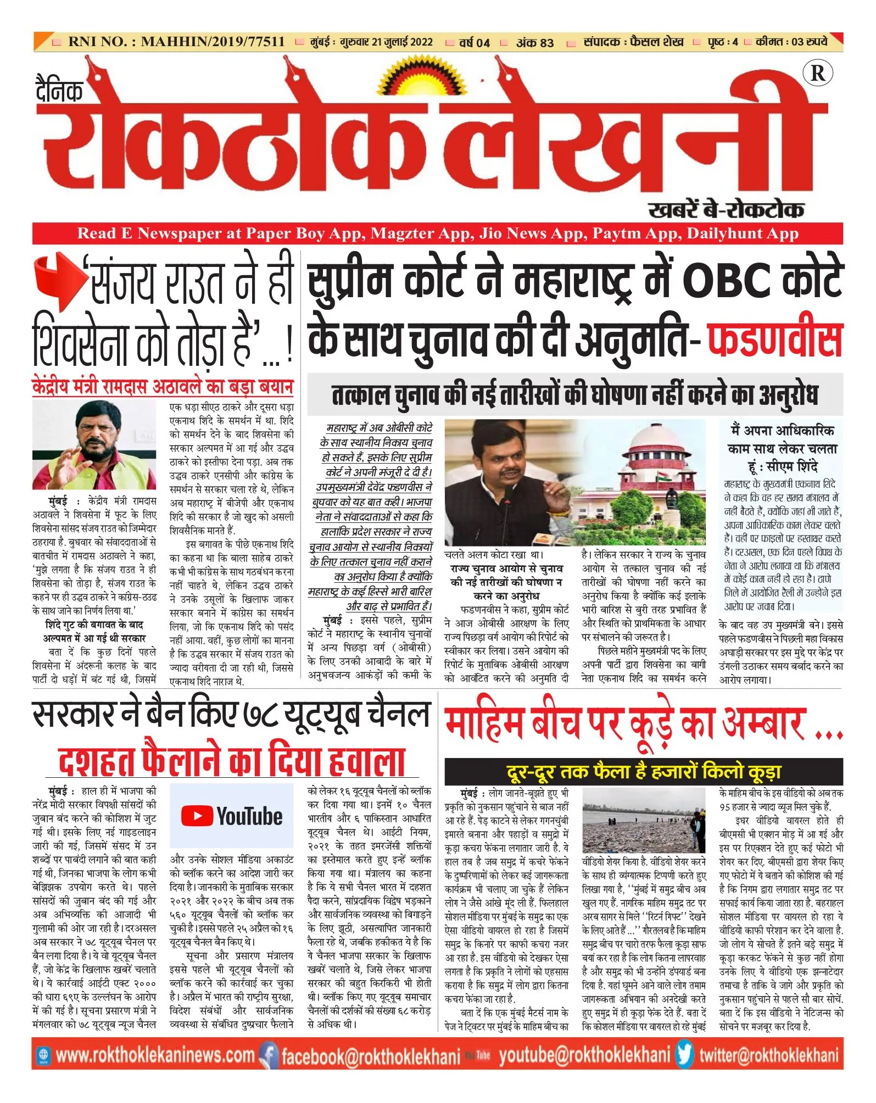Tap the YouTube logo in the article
[232, 816]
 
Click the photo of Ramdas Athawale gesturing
[94, 445]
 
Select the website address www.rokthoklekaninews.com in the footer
[155, 1055]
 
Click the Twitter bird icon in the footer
[685, 1054]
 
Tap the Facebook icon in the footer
[269, 1055]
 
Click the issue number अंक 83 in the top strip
[534, 42]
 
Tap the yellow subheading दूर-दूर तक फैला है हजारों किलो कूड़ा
[643, 772]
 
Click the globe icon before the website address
[43, 1055]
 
